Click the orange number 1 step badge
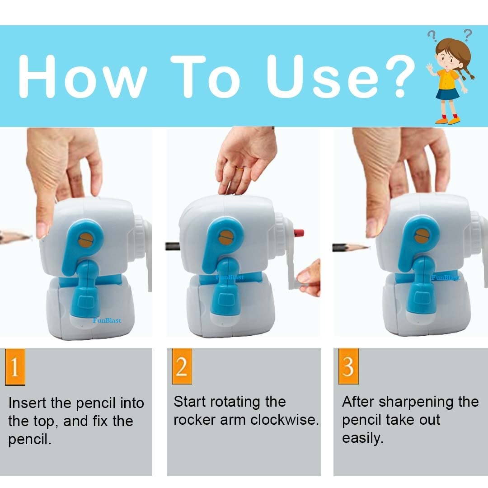[15, 367]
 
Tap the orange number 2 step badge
[182, 366]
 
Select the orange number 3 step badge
[348, 366]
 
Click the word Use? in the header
[341, 76]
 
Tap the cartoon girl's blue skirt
[447, 94]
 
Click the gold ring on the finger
[239, 169]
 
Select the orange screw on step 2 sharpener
[226, 238]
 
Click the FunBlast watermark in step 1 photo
[107, 320]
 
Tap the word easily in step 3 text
[362, 438]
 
